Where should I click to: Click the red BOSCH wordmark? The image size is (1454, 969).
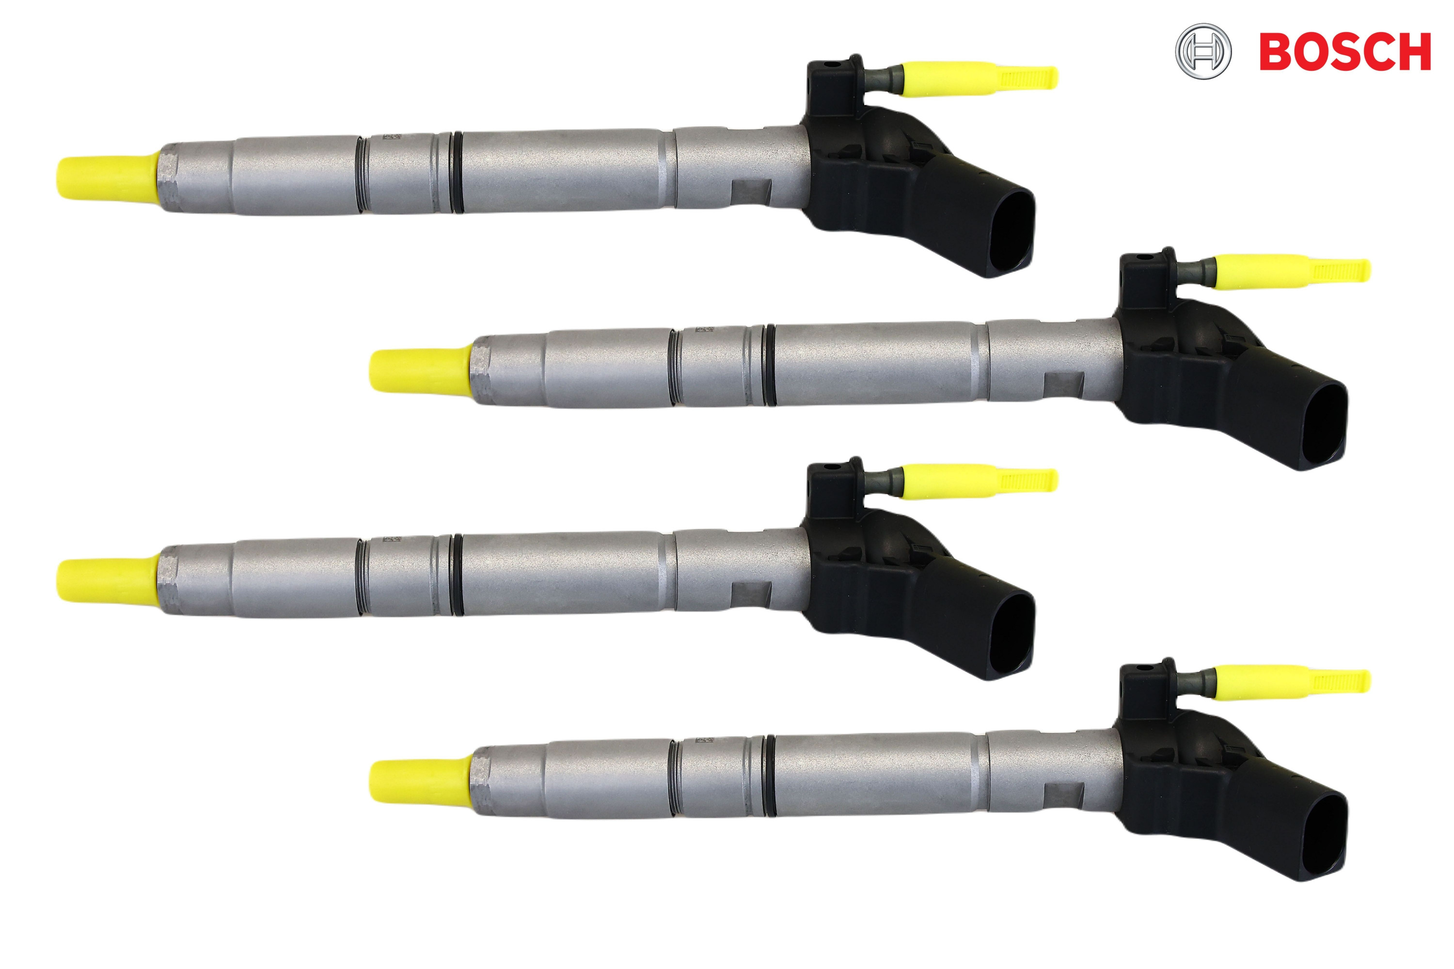[1344, 51]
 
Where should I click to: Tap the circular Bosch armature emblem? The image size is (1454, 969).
[1203, 51]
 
